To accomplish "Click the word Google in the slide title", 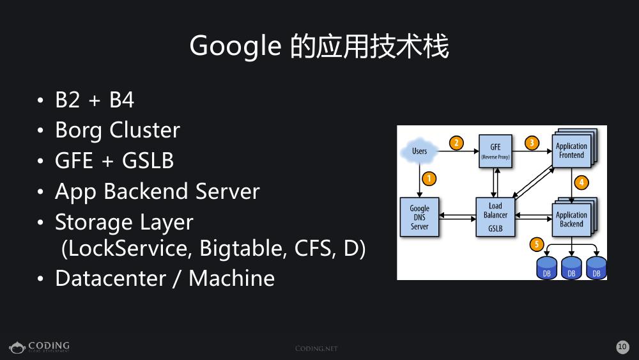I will (x=235, y=47).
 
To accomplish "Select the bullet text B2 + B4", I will (x=95, y=100).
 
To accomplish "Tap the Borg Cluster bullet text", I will (x=118, y=130).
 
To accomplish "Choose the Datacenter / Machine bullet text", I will (x=165, y=278).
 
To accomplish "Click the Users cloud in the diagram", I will (x=419, y=152).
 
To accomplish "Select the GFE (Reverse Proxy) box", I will (x=495, y=152).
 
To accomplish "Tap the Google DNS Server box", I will (x=420, y=217).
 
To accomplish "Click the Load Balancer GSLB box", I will (x=495, y=217).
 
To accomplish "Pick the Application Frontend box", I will (x=571, y=151).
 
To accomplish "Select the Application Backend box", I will (x=571, y=219).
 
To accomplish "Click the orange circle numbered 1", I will (x=429, y=179).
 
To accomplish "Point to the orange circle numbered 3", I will (x=532, y=143).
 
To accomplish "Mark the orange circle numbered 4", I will (x=581, y=182).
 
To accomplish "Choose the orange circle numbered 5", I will (x=537, y=244).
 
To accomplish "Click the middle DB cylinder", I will (x=571, y=268).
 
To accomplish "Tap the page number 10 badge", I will (x=622, y=347).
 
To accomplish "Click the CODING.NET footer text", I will (x=316, y=348).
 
